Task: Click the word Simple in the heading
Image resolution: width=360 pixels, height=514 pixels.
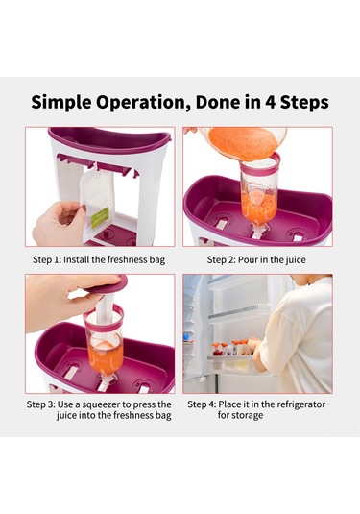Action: (61, 102)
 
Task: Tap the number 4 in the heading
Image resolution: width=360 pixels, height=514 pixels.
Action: (270, 102)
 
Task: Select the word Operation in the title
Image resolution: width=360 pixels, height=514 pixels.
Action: (141, 103)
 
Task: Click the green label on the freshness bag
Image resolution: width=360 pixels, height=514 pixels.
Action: (100, 217)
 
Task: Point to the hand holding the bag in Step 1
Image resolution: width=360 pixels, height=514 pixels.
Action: (59, 223)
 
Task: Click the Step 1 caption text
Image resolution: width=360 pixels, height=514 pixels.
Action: (99, 260)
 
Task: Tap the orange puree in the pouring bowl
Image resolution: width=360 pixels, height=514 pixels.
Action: (243, 142)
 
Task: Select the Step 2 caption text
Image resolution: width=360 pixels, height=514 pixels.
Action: (256, 260)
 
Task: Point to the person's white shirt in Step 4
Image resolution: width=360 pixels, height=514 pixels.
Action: (300, 337)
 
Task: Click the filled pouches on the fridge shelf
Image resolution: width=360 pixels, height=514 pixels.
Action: (233, 349)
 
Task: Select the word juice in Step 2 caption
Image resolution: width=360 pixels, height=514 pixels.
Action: (296, 260)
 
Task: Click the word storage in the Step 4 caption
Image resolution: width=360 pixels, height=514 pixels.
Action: (247, 416)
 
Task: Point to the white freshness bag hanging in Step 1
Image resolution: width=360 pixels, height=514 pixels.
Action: (96, 200)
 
